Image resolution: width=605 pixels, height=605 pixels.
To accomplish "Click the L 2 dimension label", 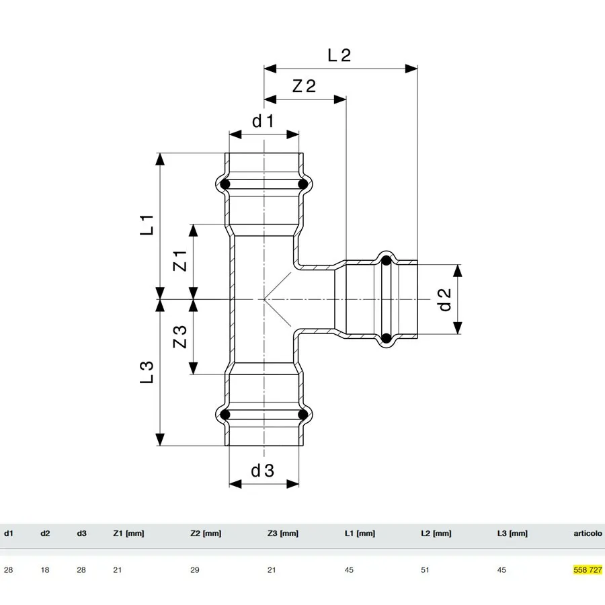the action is click(339, 55).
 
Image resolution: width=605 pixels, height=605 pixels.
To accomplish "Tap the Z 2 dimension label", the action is click(304, 85).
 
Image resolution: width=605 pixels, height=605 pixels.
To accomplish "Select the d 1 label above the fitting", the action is click(263, 121).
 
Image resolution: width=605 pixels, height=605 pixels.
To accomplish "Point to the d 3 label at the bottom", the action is click(262, 471).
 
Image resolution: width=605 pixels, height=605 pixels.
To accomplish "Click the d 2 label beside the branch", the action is click(444, 299).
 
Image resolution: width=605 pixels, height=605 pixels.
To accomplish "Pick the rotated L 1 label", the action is click(147, 225).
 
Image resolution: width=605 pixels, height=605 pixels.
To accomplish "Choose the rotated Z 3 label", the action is click(179, 337).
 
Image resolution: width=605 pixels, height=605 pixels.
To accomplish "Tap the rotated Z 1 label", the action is click(179, 261).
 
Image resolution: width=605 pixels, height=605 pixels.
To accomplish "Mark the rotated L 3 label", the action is click(147, 372).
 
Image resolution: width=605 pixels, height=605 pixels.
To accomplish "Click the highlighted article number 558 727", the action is click(588, 570).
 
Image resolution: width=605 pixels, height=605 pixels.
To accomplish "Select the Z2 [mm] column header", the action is click(206, 533).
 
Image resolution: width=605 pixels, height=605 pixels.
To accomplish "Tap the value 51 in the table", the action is click(425, 570).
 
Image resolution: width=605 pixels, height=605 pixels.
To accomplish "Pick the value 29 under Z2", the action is click(194, 570).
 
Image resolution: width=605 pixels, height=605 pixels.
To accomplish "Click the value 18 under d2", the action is click(45, 570).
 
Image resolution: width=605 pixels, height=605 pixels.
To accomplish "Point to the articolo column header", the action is click(588, 533).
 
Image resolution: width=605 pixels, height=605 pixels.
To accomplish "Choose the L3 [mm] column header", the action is click(512, 533).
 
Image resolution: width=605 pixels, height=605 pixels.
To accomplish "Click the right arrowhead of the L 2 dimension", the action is click(411, 69).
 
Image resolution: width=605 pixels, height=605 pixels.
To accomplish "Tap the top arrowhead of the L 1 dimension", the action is click(160, 159).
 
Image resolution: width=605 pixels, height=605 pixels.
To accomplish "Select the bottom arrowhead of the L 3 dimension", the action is click(160, 440).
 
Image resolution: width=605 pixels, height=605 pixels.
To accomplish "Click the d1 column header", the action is click(9, 533).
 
